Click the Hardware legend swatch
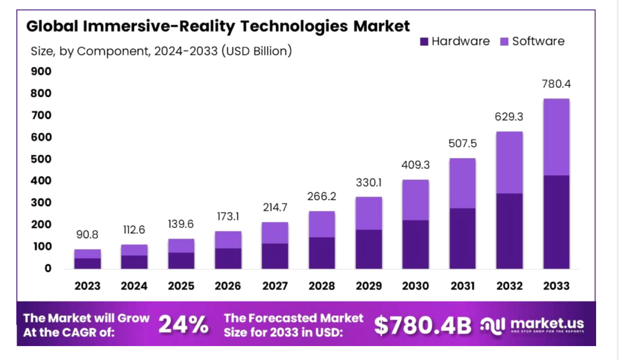[x=424, y=42]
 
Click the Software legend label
[x=538, y=41]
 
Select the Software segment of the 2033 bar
[x=556, y=137]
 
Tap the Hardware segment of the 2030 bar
[x=416, y=245]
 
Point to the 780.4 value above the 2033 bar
[x=556, y=84]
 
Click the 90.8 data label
[x=87, y=235]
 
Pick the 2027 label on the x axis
[x=274, y=286]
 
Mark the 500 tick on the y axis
[x=41, y=159]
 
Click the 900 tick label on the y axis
[x=41, y=72]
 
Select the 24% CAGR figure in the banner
[x=184, y=325]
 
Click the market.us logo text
[x=547, y=323]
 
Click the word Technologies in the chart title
[x=292, y=26]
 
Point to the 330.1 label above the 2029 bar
[x=368, y=183]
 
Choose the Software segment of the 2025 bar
[x=181, y=246]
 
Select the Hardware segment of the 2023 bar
[x=87, y=263]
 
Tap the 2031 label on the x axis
[x=462, y=286]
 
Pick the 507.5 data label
[x=462, y=144]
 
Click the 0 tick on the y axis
[x=48, y=269]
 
